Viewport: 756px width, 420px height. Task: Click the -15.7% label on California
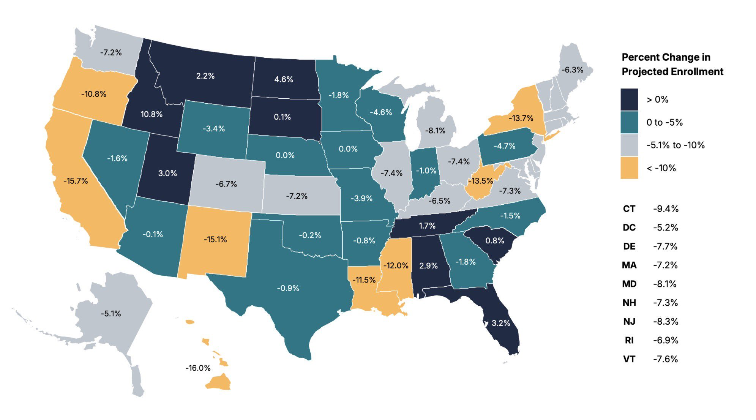(x=76, y=181)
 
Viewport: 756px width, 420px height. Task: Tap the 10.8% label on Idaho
(x=152, y=114)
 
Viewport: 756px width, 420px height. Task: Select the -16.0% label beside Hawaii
(x=198, y=368)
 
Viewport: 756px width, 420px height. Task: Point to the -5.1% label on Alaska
(x=111, y=314)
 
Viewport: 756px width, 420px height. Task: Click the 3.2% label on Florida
(x=501, y=323)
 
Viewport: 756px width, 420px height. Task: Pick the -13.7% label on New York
(x=521, y=118)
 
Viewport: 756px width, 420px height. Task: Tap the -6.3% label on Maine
(x=572, y=70)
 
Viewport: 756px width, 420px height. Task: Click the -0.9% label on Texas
(x=288, y=288)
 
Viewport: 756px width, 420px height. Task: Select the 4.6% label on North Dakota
(x=284, y=79)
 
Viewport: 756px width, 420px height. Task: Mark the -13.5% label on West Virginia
(x=480, y=181)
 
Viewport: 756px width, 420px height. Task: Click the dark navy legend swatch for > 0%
(x=629, y=99)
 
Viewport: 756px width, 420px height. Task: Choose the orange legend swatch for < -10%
(x=629, y=168)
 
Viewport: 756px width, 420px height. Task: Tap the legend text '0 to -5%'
(x=664, y=122)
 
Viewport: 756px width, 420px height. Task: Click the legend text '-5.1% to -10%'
(x=676, y=145)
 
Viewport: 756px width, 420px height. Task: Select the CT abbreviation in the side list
(x=629, y=209)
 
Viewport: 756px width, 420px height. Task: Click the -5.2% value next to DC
(x=666, y=227)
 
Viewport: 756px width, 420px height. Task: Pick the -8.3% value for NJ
(x=666, y=322)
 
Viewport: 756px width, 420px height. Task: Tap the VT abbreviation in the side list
(x=629, y=359)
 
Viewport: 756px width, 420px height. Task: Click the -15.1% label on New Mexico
(x=215, y=240)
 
